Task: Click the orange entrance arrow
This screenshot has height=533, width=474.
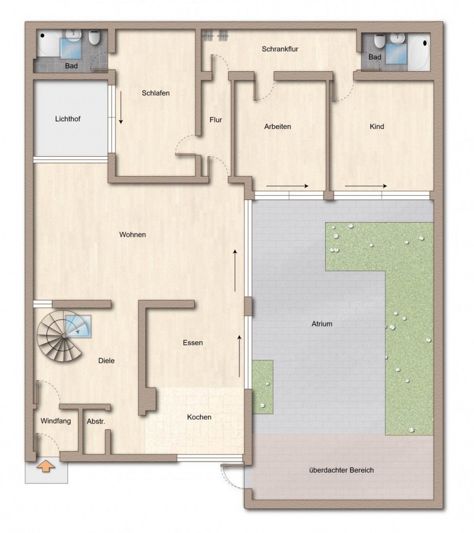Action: pos(46,467)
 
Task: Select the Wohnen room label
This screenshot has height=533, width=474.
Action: pos(132,235)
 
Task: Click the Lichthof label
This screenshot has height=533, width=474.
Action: pos(67,119)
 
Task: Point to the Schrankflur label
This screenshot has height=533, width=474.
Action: pos(280,49)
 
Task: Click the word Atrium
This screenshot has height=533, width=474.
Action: pos(321,324)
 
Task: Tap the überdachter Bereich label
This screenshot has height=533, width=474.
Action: pos(342,470)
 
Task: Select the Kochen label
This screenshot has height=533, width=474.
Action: pos(199,417)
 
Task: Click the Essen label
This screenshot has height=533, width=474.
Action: pos(193,343)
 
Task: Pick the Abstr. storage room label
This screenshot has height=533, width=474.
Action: pos(96,421)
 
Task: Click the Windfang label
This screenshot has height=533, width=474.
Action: pos(56,421)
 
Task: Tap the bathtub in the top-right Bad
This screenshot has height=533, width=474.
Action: pos(418,53)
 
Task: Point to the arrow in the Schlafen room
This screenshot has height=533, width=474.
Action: pos(121,108)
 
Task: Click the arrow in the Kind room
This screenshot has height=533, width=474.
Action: pos(365,186)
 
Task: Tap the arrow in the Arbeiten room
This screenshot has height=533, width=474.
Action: pos(287,186)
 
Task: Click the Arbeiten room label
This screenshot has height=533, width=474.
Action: pos(278,126)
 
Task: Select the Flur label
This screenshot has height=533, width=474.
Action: pos(216,120)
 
